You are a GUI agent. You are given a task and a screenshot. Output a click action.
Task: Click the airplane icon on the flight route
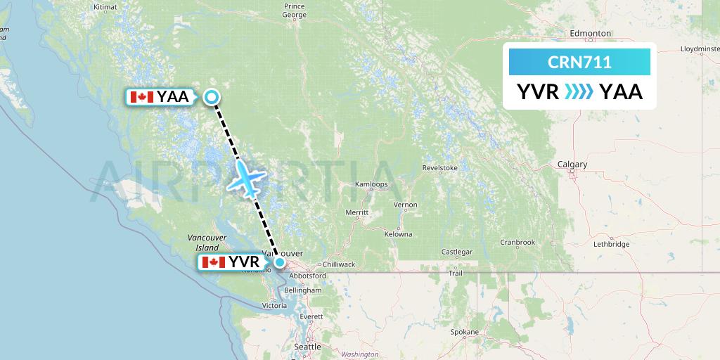pyautogui.click(x=245, y=177)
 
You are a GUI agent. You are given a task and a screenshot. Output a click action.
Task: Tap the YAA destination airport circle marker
pyautogui.click(x=211, y=98)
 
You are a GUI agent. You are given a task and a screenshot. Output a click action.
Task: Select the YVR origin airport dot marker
pyautogui.click(x=280, y=263)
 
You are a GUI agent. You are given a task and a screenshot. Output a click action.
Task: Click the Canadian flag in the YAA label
pyautogui.click(x=142, y=97)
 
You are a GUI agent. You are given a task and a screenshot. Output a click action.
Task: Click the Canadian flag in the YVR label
pyautogui.click(x=213, y=263)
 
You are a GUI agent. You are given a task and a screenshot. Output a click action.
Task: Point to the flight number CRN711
pyautogui.click(x=579, y=63)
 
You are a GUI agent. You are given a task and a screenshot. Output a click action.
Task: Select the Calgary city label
pyautogui.click(x=572, y=165)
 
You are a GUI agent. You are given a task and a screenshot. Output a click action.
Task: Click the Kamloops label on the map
pyautogui.click(x=371, y=185)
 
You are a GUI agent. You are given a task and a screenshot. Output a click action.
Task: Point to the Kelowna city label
pyautogui.click(x=398, y=233)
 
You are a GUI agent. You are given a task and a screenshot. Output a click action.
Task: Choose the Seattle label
pyautogui.click(x=307, y=347)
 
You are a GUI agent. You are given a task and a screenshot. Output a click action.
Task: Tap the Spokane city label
pyautogui.click(x=465, y=332)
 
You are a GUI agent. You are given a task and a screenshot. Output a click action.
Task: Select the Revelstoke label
pyautogui.click(x=440, y=168)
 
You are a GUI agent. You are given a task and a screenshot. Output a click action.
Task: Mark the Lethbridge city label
pyautogui.click(x=612, y=245)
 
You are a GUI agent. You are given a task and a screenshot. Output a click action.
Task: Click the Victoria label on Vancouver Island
pyautogui.click(x=274, y=306)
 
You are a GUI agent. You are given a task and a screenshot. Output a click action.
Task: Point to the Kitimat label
pyautogui.click(x=105, y=7)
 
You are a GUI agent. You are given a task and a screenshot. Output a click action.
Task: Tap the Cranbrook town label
pyautogui.click(x=517, y=243)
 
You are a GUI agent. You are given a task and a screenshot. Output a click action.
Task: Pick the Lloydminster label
pyautogui.click(x=699, y=49)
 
